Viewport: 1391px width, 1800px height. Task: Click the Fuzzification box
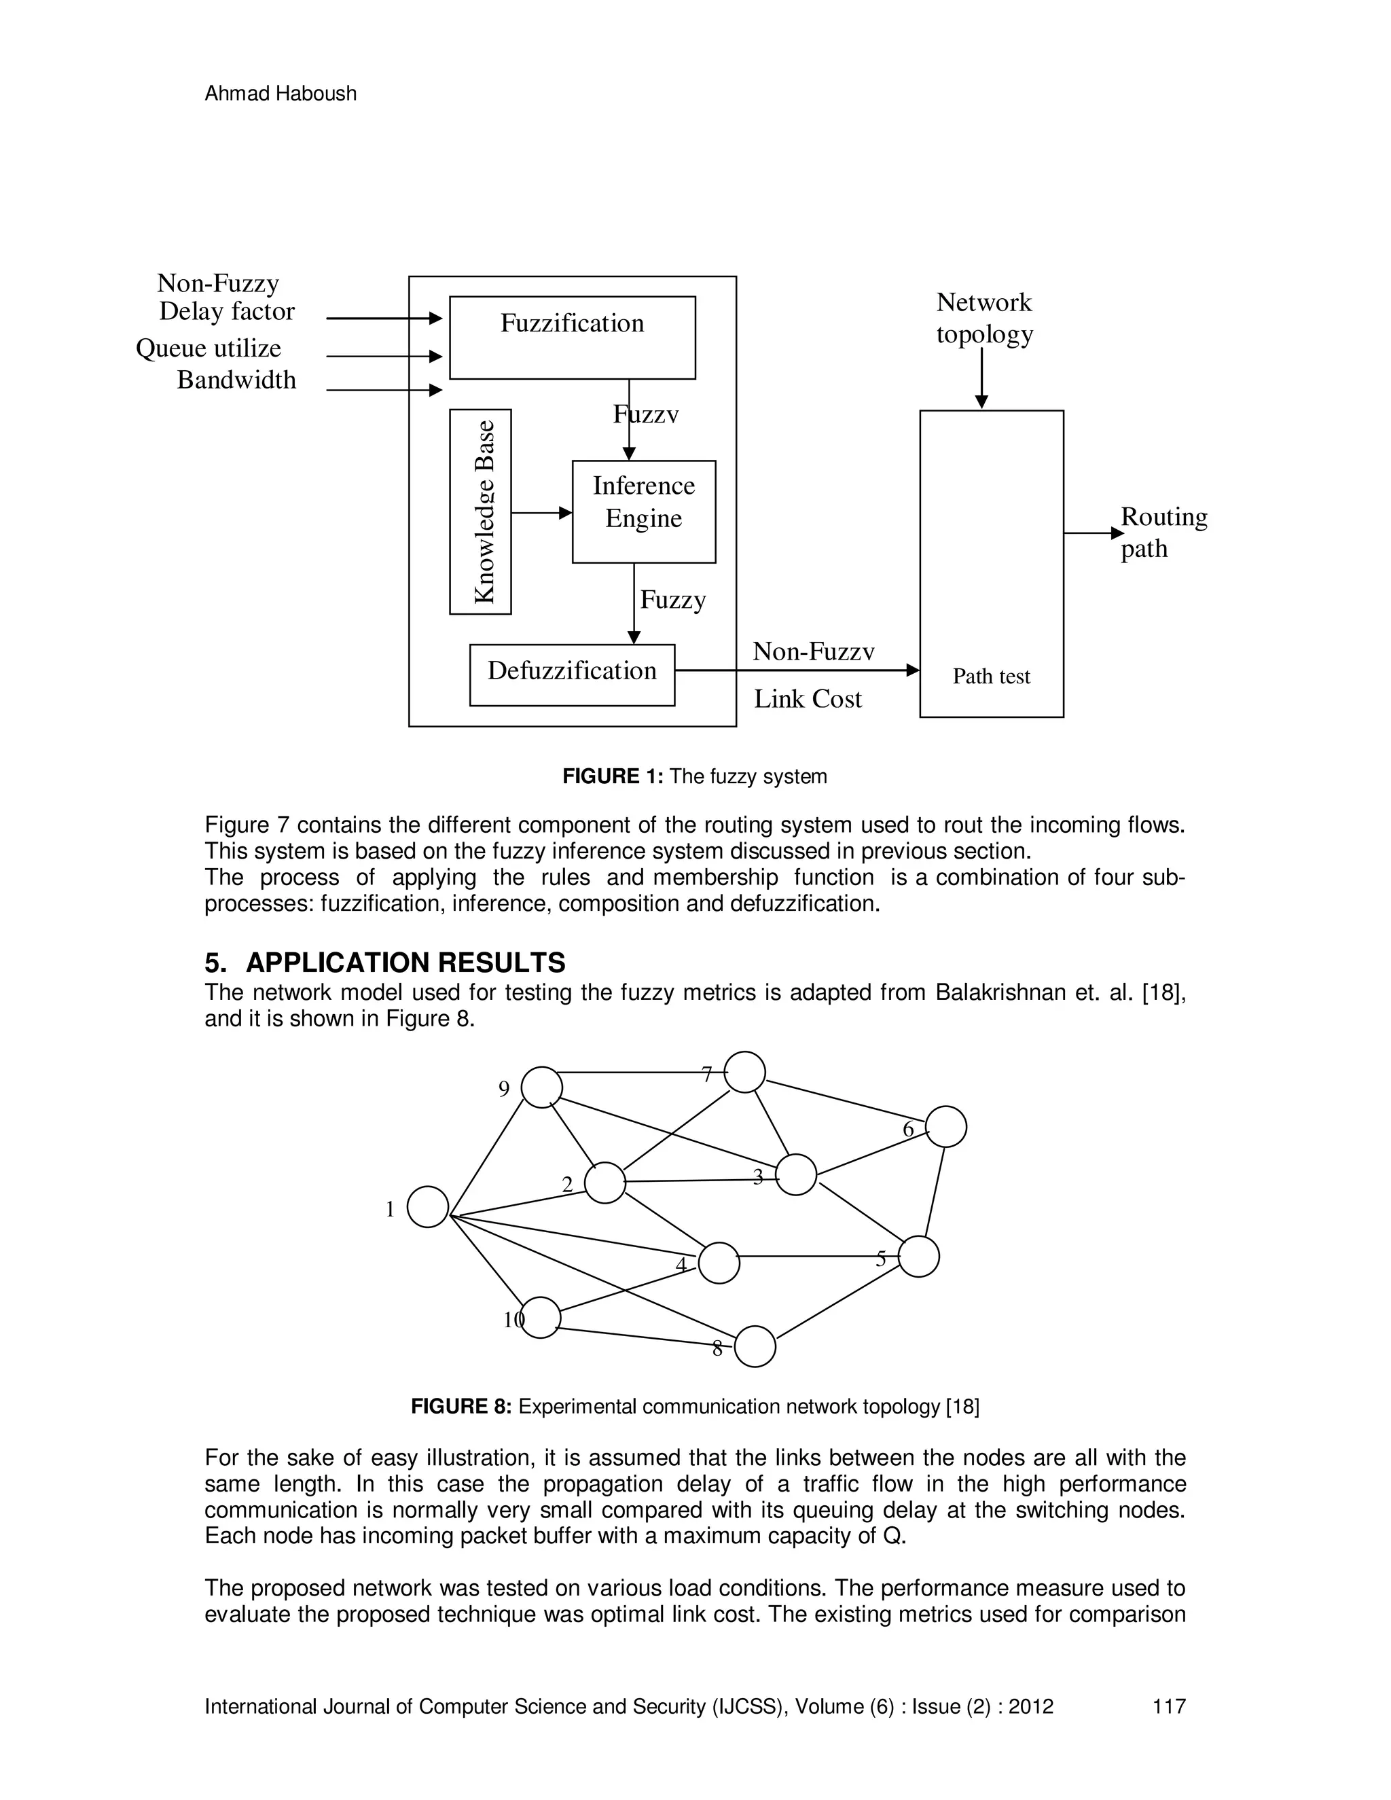[x=572, y=337]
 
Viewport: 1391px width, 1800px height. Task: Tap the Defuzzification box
[x=572, y=674]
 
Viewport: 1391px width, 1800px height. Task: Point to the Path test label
[x=992, y=676]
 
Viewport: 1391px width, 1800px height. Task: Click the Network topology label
[x=984, y=318]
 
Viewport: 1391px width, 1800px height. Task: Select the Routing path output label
[x=1163, y=533]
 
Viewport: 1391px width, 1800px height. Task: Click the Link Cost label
[x=808, y=699]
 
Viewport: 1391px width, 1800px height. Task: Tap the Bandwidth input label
[x=236, y=380]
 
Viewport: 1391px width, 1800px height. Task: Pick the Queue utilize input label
[x=209, y=348]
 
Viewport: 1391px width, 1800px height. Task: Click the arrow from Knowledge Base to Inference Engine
[x=541, y=513]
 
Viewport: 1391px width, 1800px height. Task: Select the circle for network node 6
[x=946, y=1127]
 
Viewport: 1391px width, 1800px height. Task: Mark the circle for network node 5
[x=919, y=1257]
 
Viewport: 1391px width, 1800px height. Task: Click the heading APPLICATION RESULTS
[x=405, y=962]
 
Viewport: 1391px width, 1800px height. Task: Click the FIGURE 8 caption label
[x=461, y=1407]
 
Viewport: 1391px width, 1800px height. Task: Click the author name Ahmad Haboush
[x=281, y=94]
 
